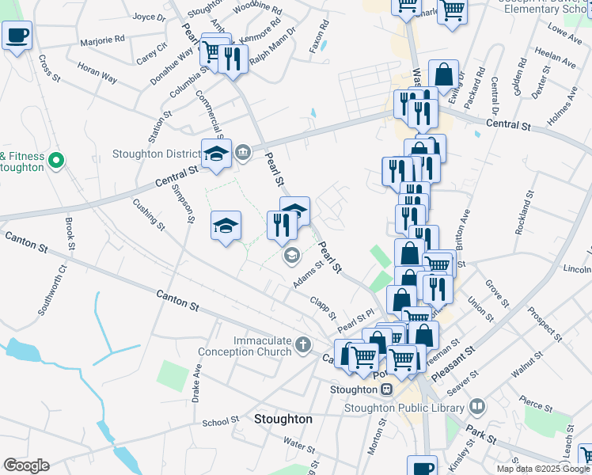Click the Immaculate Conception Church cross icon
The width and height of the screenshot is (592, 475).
[303, 344]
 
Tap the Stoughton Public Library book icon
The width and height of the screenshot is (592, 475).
[477, 407]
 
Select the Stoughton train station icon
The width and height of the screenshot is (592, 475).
[386, 389]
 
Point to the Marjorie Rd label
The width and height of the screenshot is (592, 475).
[103, 38]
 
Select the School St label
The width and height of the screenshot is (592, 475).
[220, 423]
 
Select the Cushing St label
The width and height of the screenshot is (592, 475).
[148, 215]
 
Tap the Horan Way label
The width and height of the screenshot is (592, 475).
[97, 74]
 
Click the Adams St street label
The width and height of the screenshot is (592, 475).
[309, 275]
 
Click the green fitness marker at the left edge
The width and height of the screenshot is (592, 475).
[56, 161]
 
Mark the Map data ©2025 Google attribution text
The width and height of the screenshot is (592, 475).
[542, 469]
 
